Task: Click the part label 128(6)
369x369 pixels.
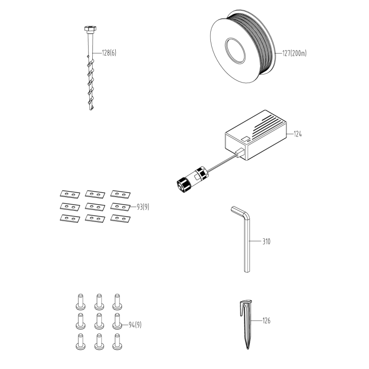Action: [109, 53]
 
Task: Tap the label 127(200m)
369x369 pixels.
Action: [294, 54]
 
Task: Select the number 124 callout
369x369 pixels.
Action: [298, 134]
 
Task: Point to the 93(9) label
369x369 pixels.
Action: [143, 207]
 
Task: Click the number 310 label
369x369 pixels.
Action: [267, 241]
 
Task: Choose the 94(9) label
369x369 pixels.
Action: [135, 325]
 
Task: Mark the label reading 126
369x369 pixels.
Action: [267, 321]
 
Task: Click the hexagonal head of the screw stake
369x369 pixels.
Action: [90, 29]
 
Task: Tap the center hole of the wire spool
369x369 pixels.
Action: [235, 50]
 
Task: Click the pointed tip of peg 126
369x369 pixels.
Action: [247, 348]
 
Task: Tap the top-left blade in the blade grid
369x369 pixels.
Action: [70, 194]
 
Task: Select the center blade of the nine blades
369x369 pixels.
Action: [95, 207]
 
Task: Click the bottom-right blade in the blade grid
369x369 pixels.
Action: [120, 219]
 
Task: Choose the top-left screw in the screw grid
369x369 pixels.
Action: [80, 302]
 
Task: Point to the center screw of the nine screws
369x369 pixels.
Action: [99, 321]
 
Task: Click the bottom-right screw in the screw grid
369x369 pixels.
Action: [117, 341]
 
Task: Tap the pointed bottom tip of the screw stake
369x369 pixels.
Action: [90, 109]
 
